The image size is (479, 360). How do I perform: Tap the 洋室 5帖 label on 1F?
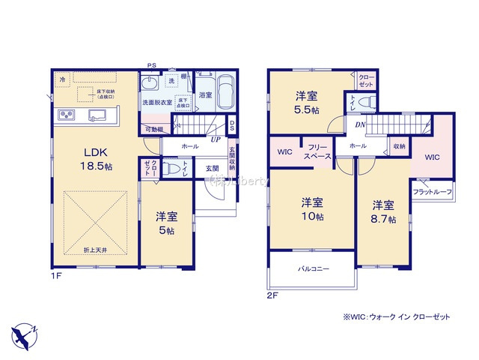point(165,223)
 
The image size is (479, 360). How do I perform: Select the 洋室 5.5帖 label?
point(306,101)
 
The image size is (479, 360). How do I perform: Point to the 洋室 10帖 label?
point(312,209)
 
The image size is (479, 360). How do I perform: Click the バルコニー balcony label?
point(314,267)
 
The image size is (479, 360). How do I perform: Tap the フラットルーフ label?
point(432,192)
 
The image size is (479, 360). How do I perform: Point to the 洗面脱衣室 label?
point(157,101)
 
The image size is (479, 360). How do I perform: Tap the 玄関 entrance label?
point(212,169)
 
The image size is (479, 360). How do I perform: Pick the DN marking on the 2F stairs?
point(360,125)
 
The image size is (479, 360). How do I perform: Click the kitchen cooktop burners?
point(66,115)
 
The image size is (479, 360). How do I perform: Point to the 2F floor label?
point(272,295)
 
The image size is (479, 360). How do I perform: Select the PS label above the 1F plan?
point(151,65)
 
